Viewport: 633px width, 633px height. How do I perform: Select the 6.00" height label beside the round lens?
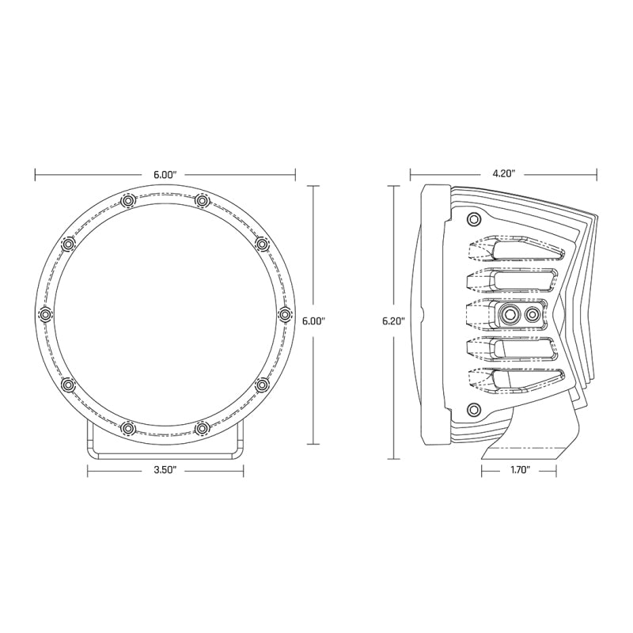coord(314,321)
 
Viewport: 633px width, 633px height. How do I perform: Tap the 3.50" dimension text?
coord(165,470)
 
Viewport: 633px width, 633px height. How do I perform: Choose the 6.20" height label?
coord(393,321)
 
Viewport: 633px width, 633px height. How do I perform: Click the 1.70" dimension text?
coord(518,470)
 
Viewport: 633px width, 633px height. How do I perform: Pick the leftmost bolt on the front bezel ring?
coord(46,315)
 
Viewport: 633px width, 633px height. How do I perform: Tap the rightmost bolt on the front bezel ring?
coord(285,315)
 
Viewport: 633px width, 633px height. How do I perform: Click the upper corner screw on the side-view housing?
coord(473,219)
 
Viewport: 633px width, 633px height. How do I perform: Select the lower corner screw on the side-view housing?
coord(473,409)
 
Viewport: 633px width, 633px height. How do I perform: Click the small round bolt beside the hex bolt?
coord(533,315)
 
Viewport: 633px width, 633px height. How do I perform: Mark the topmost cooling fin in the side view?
coord(514,251)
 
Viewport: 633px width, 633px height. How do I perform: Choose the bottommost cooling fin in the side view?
coord(514,379)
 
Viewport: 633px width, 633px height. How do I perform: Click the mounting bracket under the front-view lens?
coord(165,447)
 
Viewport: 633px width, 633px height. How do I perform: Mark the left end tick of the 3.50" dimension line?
coord(87,470)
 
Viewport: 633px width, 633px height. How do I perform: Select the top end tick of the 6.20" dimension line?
coord(393,185)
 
